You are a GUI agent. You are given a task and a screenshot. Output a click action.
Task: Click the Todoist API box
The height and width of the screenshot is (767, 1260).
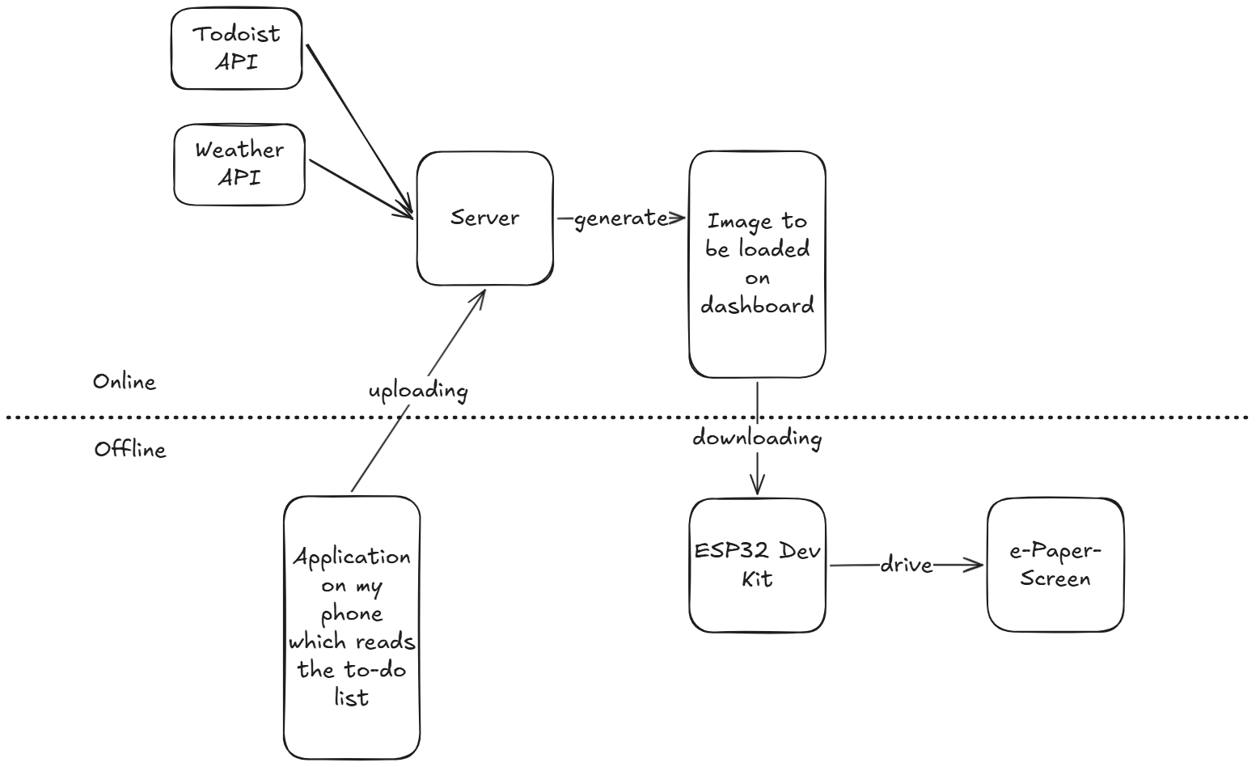click(236, 49)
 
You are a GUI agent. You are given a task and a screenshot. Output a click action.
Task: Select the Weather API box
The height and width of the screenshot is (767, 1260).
click(239, 164)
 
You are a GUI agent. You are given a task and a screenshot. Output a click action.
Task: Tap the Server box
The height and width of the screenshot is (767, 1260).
click(484, 218)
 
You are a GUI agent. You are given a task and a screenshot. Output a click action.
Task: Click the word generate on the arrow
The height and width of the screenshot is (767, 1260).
click(620, 218)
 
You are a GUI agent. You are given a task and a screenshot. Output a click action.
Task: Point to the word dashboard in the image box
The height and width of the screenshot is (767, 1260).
click(757, 306)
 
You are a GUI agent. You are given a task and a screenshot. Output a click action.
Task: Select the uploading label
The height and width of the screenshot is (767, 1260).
click(418, 391)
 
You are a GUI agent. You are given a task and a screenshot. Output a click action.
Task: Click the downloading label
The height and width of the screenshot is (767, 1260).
click(757, 439)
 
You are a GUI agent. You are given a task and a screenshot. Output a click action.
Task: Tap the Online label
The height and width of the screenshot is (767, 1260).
click(125, 382)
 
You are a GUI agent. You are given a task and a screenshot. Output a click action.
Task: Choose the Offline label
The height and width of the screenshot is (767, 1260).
click(130, 450)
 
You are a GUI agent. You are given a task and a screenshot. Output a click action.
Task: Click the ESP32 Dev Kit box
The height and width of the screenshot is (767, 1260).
click(757, 565)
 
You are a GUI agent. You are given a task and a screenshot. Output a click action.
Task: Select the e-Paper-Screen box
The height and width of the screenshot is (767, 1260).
click(1055, 565)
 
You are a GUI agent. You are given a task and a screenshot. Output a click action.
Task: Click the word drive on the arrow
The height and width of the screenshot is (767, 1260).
click(906, 565)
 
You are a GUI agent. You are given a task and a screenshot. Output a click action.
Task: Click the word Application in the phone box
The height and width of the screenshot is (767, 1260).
click(352, 557)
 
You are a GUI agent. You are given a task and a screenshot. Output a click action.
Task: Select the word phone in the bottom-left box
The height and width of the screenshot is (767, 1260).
click(352, 614)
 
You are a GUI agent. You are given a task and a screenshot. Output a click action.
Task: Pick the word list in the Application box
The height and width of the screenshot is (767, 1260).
click(352, 697)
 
